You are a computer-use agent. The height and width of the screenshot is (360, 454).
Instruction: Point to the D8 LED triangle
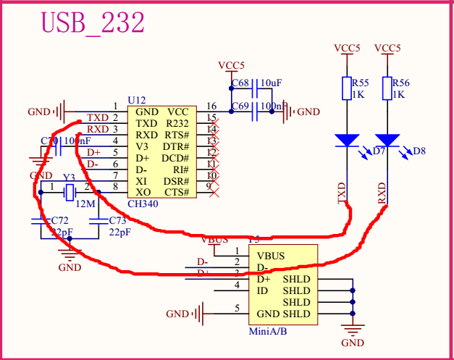click(388, 140)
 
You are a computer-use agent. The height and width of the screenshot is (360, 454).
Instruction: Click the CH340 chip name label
click(143, 204)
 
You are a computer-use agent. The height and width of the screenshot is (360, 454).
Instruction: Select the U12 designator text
click(137, 99)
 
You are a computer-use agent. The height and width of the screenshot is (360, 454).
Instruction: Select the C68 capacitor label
click(240, 83)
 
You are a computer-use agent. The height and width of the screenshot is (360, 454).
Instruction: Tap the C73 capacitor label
click(118, 219)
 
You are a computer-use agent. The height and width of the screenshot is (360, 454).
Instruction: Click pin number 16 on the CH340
click(211, 106)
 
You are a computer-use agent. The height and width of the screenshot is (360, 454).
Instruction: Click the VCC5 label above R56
click(388, 48)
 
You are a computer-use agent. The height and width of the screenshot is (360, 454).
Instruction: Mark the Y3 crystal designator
click(69, 177)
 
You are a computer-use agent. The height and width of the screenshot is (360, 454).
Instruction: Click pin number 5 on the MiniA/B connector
click(236, 309)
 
